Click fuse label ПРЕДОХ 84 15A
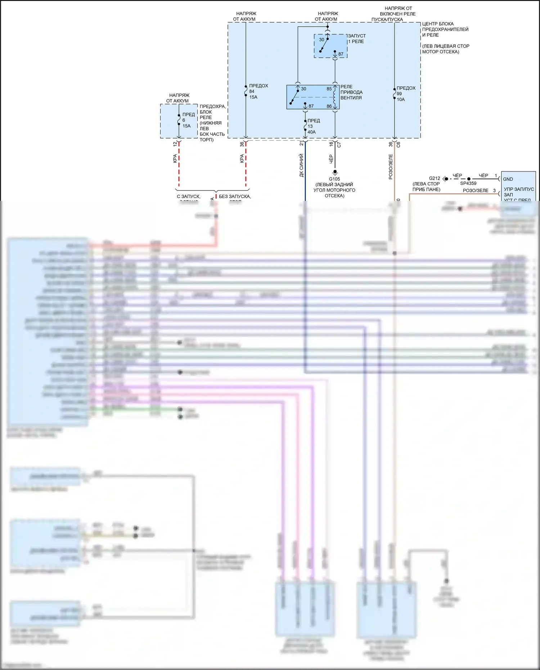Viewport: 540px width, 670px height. [258, 91]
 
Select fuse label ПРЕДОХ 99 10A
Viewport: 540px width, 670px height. [405, 94]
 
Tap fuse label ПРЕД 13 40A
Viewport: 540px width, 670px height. [313, 126]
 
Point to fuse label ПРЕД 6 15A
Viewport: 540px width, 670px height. [188, 120]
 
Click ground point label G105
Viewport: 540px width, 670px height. [334, 179]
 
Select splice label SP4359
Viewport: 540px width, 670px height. [468, 183]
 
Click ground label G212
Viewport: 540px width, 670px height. [434, 178]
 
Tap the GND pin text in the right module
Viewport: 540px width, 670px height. [508, 179]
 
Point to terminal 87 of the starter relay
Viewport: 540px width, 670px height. [341, 54]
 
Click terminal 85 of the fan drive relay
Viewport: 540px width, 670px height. [329, 89]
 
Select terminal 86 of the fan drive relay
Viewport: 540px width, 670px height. [329, 106]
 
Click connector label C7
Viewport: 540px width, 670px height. [339, 145]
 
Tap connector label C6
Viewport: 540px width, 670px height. [398, 145]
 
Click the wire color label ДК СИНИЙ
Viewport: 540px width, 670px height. [301, 165]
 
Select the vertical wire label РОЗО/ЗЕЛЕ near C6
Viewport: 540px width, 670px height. [391, 167]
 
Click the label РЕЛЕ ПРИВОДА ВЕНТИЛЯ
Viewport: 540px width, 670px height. [351, 92]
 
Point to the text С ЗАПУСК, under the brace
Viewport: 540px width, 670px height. [188, 197]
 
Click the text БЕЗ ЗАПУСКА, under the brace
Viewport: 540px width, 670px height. [235, 197]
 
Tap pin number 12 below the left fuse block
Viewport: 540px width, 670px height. [175, 144]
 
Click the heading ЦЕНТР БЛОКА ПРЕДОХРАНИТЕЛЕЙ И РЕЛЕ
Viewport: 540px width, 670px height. [445, 29]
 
